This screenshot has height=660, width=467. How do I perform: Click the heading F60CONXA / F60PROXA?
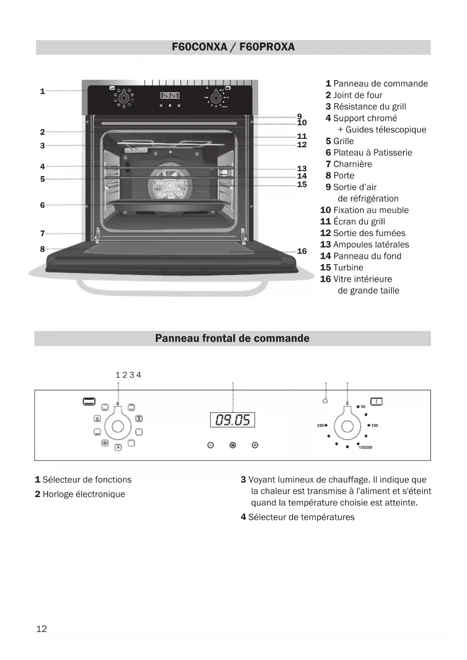233,47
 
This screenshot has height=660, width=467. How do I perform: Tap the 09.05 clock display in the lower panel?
233,420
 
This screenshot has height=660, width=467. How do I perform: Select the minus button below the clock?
211,445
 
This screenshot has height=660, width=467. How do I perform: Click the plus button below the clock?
255,445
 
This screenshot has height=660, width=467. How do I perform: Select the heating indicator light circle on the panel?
325,401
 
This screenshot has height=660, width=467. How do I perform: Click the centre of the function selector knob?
118,426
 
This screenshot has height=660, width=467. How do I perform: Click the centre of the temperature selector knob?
347,426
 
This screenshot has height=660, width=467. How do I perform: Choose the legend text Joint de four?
357,95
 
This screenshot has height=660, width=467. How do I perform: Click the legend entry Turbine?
348,268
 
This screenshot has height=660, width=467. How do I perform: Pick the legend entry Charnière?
352,164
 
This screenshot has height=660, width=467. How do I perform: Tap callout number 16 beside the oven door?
302,251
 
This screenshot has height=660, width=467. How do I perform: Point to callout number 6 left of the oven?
43,205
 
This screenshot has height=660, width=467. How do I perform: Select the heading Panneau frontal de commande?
232,338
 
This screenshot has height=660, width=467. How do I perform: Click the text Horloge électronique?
84,494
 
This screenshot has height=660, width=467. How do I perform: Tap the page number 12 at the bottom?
41,629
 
